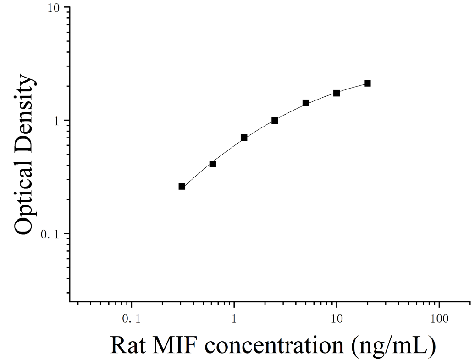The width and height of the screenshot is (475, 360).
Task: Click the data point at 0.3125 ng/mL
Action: click(x=182, y=186)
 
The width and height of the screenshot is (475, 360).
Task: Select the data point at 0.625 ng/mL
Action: click(x=213, y=164)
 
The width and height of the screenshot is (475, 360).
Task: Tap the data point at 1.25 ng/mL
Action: click(x=244, y=138)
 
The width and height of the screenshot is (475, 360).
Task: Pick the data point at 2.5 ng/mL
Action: click(x=275, y=121)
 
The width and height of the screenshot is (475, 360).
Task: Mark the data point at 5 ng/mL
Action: click(x=306, y=103)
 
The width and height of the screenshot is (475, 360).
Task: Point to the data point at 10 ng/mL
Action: click(x=337, y=93)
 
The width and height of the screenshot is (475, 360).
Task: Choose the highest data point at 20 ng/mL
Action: click(x=367, y=83)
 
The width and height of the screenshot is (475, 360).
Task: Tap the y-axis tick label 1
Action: click(x=56, y=121)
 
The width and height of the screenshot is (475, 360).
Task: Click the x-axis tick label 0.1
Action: click(x=132, y=319)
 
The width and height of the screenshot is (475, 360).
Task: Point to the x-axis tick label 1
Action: click(x=234, y=319)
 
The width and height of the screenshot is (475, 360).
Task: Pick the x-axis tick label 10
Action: click(x=337, y=319)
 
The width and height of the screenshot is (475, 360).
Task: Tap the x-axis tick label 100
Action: click(x=439, y=319)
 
